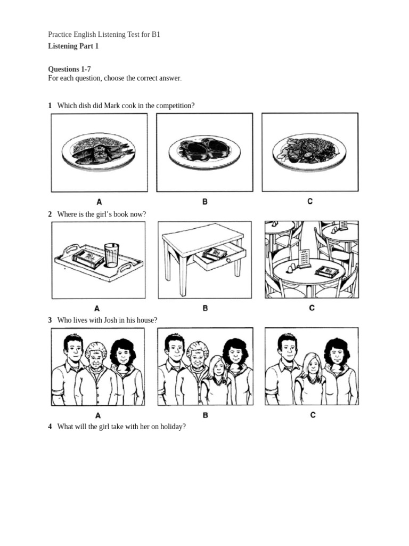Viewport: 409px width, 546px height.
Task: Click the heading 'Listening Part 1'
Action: (73, 46)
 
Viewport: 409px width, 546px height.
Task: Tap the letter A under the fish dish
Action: (99, 202)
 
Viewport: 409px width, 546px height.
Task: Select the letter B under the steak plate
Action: (205, 202)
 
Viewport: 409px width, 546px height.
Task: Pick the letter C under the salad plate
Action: (310, 201)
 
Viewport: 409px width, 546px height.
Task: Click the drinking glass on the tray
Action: (112, 255)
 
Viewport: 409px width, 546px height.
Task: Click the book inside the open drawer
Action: (215, 253)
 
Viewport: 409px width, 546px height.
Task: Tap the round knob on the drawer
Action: (228, 260)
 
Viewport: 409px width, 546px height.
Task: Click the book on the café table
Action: (327, 271)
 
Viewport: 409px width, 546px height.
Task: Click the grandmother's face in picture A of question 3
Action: (96, 356)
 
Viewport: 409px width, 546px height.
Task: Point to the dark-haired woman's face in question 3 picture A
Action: (123, 355)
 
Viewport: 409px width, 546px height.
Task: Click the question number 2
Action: (50, 214)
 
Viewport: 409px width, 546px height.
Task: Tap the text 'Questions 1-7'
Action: (70, 69)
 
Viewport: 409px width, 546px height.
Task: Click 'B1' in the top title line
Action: (156, 35)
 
